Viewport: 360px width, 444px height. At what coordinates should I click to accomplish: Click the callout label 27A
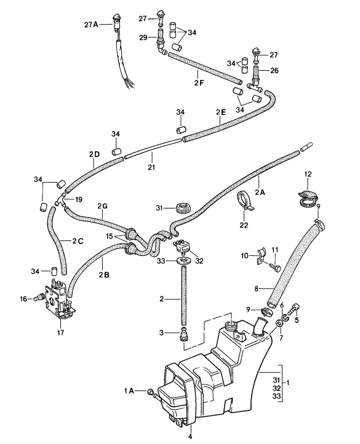(x=91, y=25)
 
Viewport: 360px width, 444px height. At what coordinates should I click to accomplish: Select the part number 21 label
(x=151, y=167)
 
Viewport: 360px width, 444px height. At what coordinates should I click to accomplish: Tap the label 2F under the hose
(x=199, y=83)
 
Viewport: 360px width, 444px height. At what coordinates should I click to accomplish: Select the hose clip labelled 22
(x=246, y=201)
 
